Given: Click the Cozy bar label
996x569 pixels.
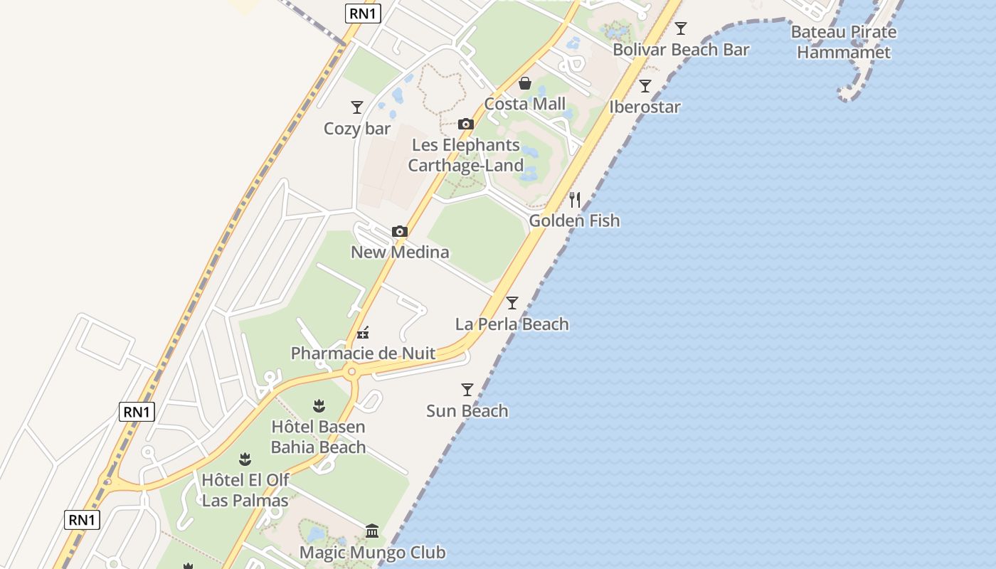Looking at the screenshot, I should click(357, 129).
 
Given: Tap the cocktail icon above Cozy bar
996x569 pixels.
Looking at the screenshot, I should click(357, 107).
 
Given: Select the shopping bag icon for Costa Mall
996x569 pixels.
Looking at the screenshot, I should click(525, 83).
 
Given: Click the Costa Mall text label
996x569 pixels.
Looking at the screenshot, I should click(525, 104).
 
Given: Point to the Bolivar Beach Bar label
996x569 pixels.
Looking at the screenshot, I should click(681, 50).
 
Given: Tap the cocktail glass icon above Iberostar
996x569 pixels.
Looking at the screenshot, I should click(645, 86).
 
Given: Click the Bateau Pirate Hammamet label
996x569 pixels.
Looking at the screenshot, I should click(844, 42).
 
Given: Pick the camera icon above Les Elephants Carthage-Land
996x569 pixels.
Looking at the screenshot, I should click(466, 124).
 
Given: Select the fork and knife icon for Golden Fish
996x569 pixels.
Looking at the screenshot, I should click(575, 200).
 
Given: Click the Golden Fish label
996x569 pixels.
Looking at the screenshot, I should click(574, 220).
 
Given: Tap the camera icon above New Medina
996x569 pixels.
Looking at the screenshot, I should click(400, 231).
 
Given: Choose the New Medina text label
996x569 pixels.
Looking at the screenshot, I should click(400, 252).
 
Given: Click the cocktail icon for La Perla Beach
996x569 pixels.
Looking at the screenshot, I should click(512, 303).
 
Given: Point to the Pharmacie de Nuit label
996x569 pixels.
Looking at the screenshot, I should click(364, 353).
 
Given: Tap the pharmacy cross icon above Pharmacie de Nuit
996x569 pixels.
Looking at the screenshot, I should click(364, 332).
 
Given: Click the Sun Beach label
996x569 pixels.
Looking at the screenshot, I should click(467, 410).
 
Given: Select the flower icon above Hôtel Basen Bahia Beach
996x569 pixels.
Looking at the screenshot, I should click(319, 406).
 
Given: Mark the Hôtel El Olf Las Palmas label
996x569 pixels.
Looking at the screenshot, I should click(245, 490).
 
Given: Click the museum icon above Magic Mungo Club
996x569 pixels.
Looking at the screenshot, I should click(372, 531).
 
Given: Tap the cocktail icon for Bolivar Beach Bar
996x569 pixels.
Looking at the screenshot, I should click(681, 28).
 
